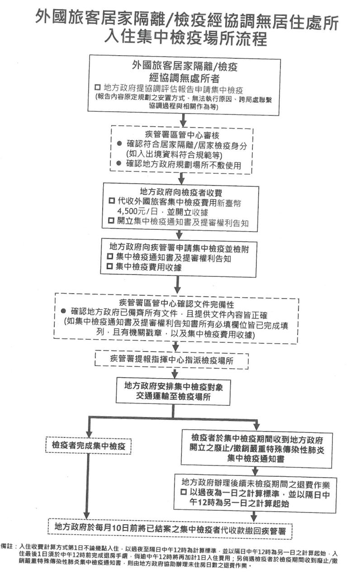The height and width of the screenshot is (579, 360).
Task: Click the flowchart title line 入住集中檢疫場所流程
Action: [185, 39]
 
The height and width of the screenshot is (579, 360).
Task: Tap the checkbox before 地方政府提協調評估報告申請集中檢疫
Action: [98, 87]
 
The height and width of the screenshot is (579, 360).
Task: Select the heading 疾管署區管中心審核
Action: [182, 135]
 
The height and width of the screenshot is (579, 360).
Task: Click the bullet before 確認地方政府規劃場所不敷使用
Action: [119, 163]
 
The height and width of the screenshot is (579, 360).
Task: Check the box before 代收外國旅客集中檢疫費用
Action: [112, 201]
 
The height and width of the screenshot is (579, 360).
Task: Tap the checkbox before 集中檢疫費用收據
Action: [110, 266]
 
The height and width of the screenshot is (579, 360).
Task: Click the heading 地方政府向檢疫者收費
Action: [181, 192]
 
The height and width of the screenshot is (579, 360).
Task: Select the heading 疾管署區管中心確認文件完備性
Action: [176, 304]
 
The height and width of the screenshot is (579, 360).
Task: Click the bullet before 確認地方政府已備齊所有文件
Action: [63, 311]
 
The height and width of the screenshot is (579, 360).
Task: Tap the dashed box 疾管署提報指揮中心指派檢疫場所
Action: [171, 360]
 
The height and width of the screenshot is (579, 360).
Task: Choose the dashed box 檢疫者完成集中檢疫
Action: [88, 446]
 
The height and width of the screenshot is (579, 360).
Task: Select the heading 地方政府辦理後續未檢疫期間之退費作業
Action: [256, 483]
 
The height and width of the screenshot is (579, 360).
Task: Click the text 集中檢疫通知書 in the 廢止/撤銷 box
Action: [256, 459]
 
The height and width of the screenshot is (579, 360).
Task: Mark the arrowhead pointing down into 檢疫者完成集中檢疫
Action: [89, 433]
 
